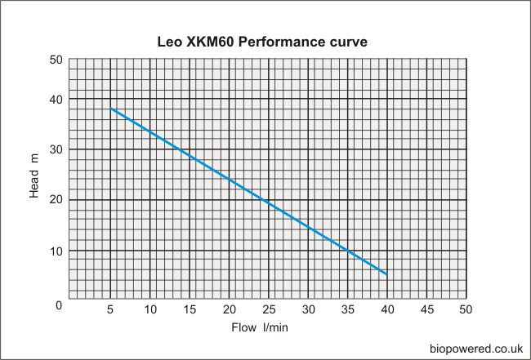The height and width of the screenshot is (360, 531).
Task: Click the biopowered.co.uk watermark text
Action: [476, 349]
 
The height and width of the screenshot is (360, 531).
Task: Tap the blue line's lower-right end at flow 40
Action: [386, 274]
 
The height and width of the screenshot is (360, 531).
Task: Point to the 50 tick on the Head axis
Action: [56, 60]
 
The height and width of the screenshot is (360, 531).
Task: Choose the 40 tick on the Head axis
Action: [56, 99]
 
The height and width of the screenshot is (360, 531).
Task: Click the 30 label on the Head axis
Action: [56, 149]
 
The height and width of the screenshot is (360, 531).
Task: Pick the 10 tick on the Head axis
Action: [56, 251]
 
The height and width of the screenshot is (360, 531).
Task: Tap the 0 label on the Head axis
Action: [58, 304]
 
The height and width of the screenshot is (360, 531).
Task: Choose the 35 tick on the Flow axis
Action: [347, 309]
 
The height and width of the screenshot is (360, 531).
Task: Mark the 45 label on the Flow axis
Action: [426, 309]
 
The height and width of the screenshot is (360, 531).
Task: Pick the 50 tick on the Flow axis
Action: [466, 309]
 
